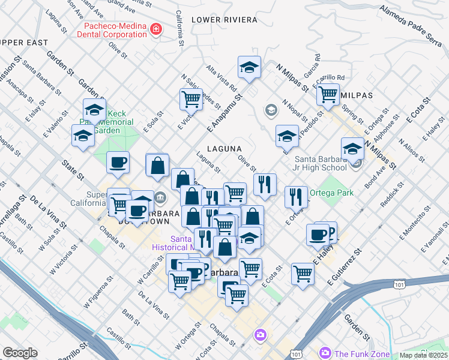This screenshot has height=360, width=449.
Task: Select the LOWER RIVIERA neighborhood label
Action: [x=224, y=20]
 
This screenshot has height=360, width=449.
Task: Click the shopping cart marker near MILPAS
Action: [x=328, y=94]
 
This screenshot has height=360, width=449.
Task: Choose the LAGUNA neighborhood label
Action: [x=224, y=148]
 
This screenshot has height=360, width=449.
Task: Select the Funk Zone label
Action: [x=362, y=353]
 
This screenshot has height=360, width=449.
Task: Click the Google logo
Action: [x=20, y=353]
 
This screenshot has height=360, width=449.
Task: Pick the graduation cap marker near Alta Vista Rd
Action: [x=249, y=68]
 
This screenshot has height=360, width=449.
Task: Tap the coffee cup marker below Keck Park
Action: [x=118, y=162]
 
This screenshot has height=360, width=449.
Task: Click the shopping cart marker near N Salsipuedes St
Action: [x=191, y=98]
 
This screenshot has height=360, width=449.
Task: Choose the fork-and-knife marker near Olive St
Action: [x=265, y=184]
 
